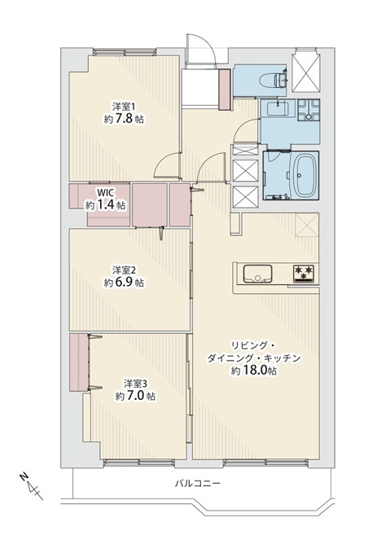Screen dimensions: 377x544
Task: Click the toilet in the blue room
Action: click(x=280, y=80)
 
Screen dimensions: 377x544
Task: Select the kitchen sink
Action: click(x=257, y=274)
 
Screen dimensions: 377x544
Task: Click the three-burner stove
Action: click(x=304, y=272)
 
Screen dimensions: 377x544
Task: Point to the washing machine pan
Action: click(x=308, y=110)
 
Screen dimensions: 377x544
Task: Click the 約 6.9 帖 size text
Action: click(x=124, y=283)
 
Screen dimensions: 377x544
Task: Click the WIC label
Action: click(x=105, y=192)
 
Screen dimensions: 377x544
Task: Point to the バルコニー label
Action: click(x=197, y=483)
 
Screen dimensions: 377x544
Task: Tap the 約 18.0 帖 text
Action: click(x=254, y=371)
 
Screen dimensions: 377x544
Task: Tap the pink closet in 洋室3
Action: click(x=79, y=362)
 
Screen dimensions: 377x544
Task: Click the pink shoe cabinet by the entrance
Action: click(x=225, y=90)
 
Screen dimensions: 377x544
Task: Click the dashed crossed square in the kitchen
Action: click(x=307, y=225)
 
